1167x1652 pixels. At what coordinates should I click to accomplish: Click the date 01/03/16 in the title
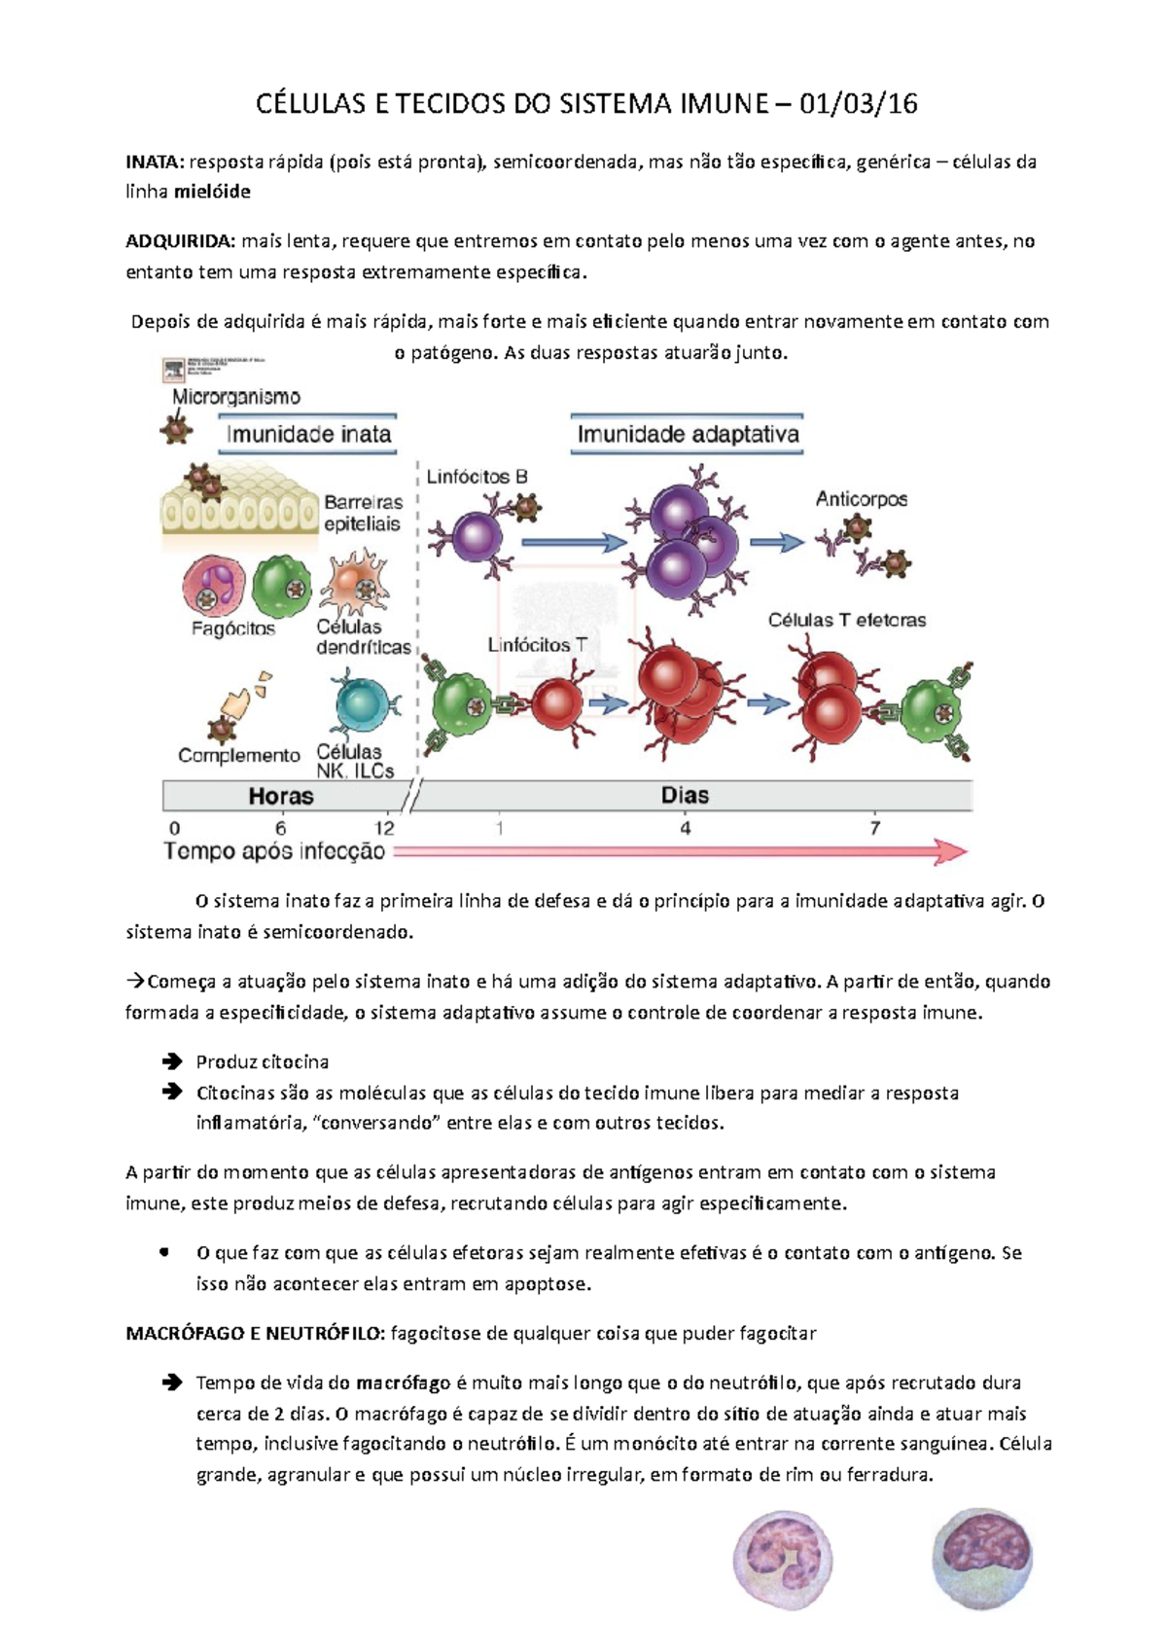click(x=858, y=104)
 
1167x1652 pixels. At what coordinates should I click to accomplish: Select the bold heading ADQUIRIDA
click(x=180, y=241)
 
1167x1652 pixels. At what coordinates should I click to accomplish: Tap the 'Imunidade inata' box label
click(x=308, y=435)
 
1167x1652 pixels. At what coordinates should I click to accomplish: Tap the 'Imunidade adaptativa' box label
click(x=688, y=435)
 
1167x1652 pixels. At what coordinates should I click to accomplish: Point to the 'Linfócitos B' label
click(x=477, y=477)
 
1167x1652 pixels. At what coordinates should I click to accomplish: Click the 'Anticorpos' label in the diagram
click(x=861, y=499)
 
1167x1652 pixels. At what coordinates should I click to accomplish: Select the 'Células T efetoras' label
click(x=846, y=620)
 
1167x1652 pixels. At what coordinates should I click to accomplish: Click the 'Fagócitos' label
click(x=232, y=628)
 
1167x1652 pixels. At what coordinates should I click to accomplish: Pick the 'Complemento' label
click(x=238, y=755)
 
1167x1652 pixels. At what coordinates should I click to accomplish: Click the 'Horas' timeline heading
click(x=281, y=796)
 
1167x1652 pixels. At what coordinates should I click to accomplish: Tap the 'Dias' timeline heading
click(x=685, y=796)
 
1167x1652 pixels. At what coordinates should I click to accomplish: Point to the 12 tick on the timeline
click(x=384, y=828)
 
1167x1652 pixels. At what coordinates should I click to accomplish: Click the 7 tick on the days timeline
click(x=874, y=828)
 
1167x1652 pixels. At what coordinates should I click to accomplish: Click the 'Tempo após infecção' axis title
click(x=274, y=851)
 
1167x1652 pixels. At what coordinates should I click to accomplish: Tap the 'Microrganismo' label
click(x=236, y=397)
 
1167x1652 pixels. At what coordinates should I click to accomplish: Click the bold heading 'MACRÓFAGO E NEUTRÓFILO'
click(x=256, y=1333)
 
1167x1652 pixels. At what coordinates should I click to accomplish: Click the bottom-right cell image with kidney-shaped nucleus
click(x=981, y=1559)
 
